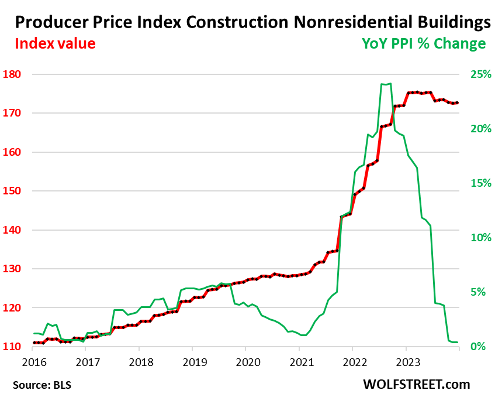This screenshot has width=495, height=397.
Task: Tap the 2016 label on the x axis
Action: tap(32, 361)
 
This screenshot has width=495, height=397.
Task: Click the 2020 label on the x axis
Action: tap(245, 361)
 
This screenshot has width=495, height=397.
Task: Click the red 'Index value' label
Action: tap(55, 44)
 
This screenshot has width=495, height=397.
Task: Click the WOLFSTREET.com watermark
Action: tap(417, 384)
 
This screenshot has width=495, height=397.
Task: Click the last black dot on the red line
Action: tap(457, 102)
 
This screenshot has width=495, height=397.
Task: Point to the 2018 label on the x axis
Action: tap(139, 361)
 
